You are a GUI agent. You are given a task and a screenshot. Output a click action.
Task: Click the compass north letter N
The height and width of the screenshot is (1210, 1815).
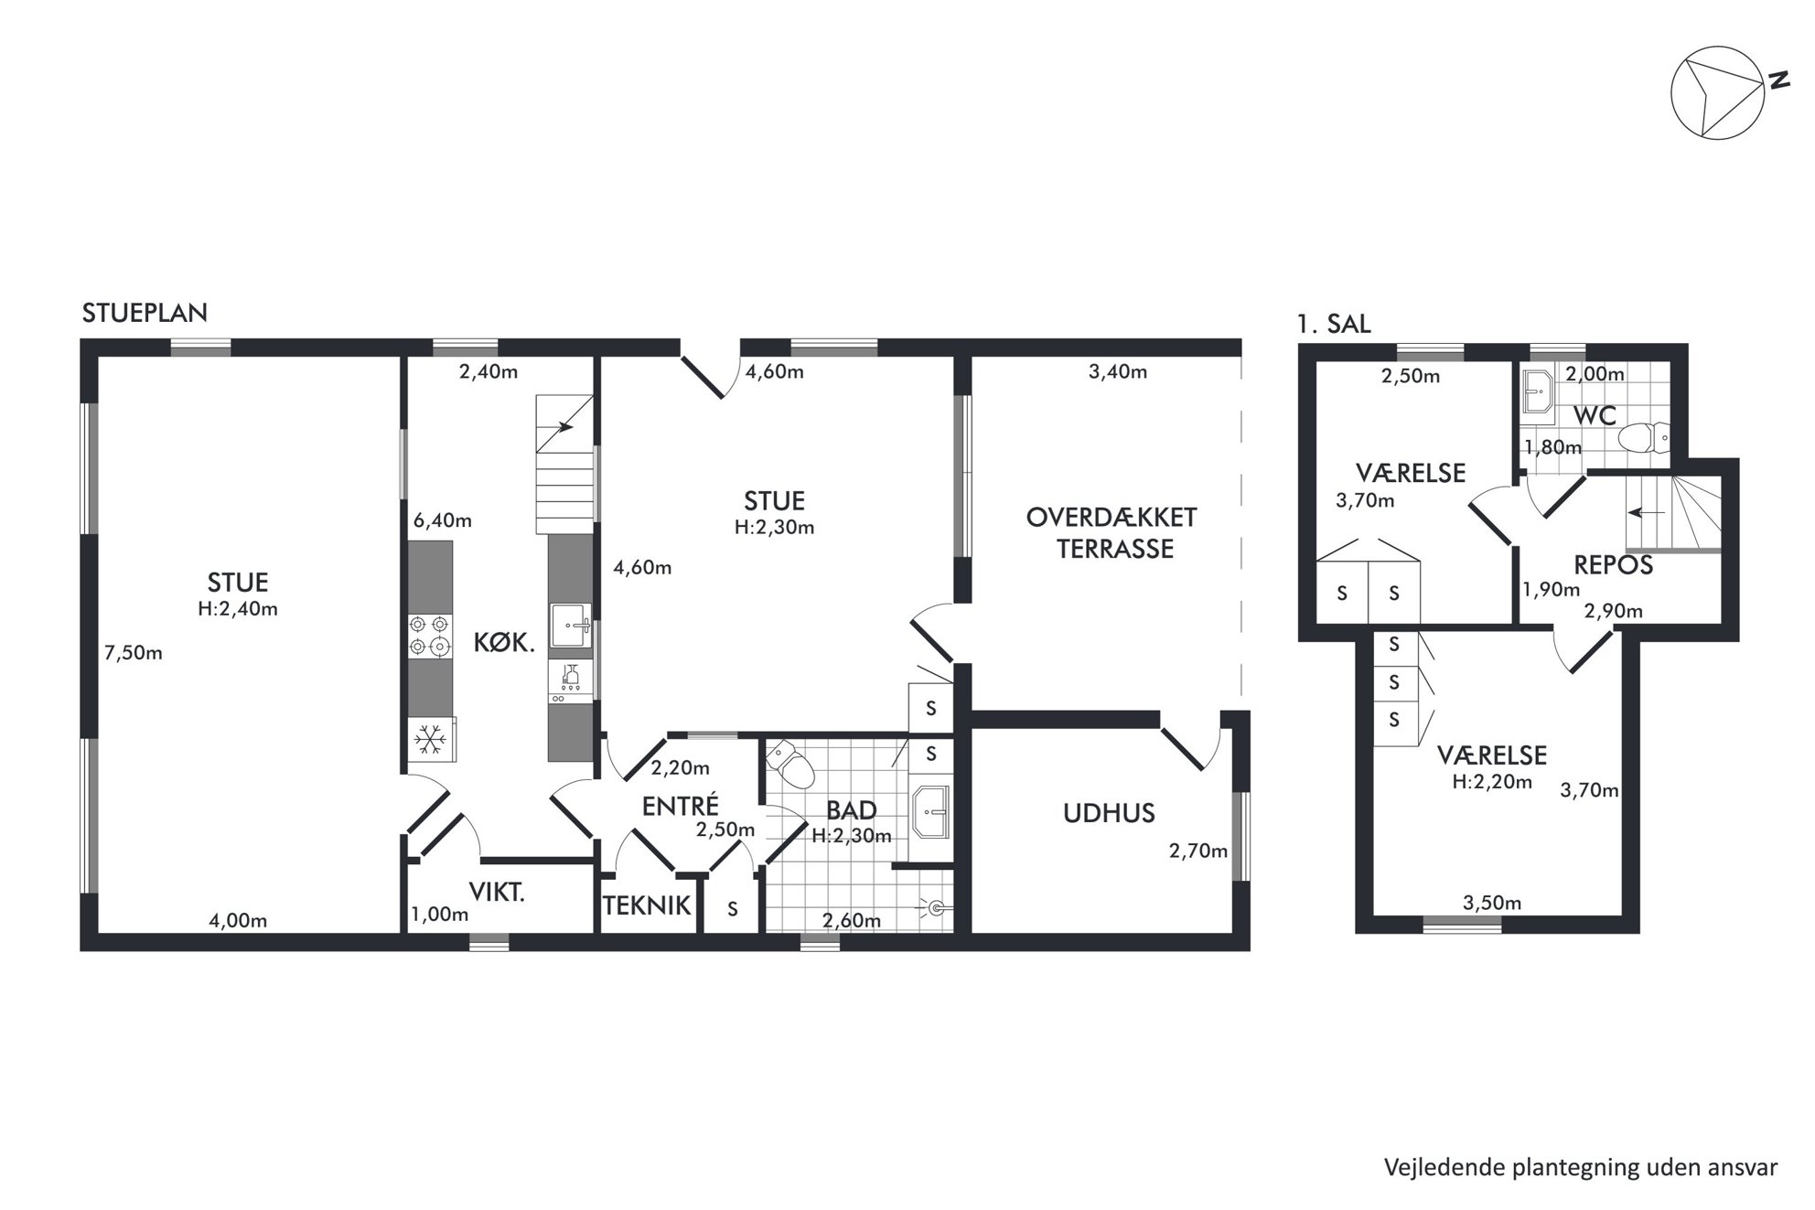tap(1778, 80)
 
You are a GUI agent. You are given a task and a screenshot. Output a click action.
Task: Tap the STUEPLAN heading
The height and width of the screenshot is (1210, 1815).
tap(145, 313)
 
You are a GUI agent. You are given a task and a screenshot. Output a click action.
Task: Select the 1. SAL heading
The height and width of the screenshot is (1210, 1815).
tap(1334, 324)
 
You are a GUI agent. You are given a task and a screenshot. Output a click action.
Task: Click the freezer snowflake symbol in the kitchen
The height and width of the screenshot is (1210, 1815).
tap(430, 739)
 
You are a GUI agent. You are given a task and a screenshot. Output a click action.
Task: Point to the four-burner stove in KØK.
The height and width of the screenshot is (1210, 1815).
tap(430, 635)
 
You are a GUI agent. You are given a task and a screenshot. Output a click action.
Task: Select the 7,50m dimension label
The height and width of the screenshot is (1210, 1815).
tap(134, 653)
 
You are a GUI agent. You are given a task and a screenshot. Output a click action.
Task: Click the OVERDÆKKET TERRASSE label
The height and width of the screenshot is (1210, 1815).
tap(1112, 533)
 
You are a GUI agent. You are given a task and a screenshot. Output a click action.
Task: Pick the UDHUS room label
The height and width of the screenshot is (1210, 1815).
tap(1109, 813)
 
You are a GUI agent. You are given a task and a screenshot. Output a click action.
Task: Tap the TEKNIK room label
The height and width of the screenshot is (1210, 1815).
tap(647, 905)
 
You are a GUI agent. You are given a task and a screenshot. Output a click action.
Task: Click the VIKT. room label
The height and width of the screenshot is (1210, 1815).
tap(497, 893)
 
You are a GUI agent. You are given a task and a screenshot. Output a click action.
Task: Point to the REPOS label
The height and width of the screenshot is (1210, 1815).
tap(1614, 565)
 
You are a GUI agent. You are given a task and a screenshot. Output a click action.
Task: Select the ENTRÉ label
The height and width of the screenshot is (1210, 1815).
tap(681, 806)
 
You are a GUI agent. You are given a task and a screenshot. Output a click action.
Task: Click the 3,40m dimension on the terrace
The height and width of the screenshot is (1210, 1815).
tap(1118, 371)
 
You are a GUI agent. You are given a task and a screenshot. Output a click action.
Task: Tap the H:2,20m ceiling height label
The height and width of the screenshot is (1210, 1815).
tap(1492, 782)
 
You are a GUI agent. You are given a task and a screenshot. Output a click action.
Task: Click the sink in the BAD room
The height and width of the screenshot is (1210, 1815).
tap(931, 811)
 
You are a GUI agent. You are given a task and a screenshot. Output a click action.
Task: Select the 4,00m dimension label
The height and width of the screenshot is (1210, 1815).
tap(238, 921)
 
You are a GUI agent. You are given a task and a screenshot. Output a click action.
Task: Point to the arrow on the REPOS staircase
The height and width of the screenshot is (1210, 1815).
tap(1646, 512)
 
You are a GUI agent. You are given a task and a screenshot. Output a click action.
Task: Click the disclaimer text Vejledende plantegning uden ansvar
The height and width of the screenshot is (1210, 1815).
tap(1581, 1168)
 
